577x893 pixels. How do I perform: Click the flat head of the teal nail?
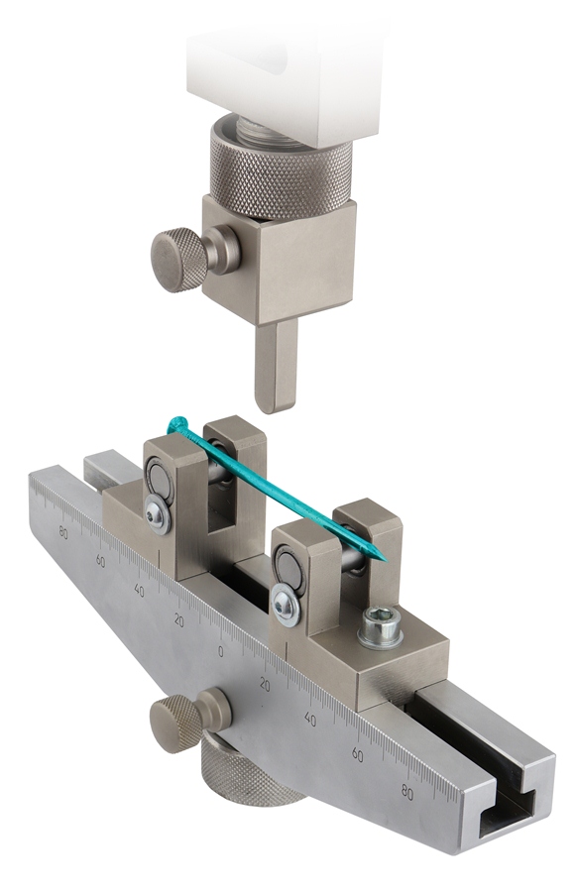[177, 424]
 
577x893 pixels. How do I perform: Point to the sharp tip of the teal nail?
[387, 560]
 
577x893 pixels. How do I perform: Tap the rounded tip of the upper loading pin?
[276, 405]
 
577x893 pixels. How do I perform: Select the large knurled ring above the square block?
[281, 174]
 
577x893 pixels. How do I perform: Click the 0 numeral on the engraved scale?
[220, 651]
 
